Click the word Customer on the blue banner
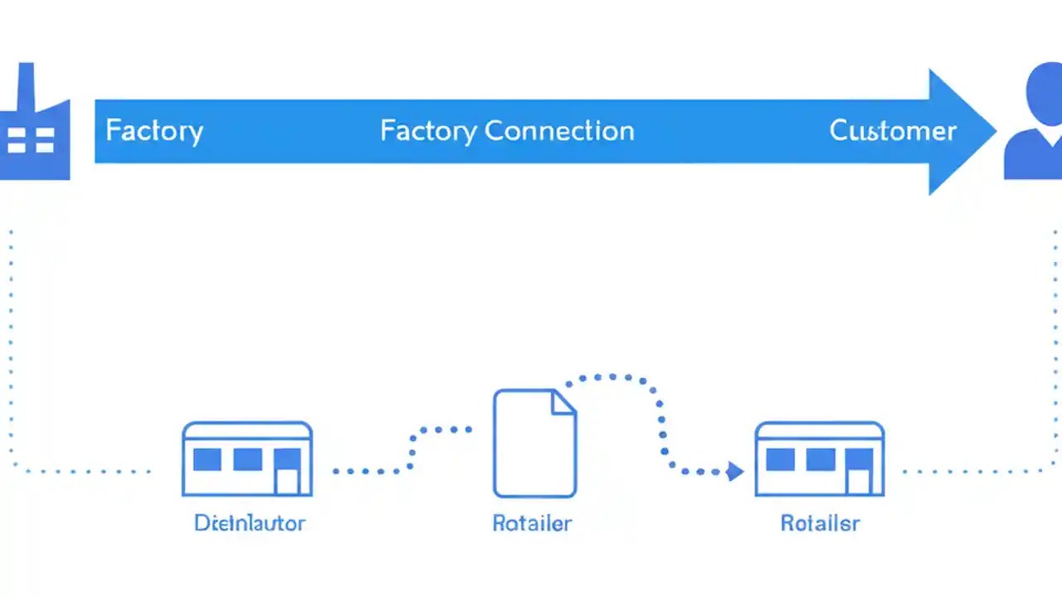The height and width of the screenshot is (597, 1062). point(893,131)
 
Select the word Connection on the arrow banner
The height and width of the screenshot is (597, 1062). point(559,131)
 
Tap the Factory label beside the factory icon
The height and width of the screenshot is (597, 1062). point(154,131)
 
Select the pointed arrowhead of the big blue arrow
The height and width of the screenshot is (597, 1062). point(962,132)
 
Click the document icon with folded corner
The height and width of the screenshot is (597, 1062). point(534,443)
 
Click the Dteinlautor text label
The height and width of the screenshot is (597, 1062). point(250,523)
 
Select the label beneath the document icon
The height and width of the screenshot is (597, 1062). point(532,523)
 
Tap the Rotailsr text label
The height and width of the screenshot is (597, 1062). point(820,523)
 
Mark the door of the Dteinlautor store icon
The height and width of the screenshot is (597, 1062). point(287,480)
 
